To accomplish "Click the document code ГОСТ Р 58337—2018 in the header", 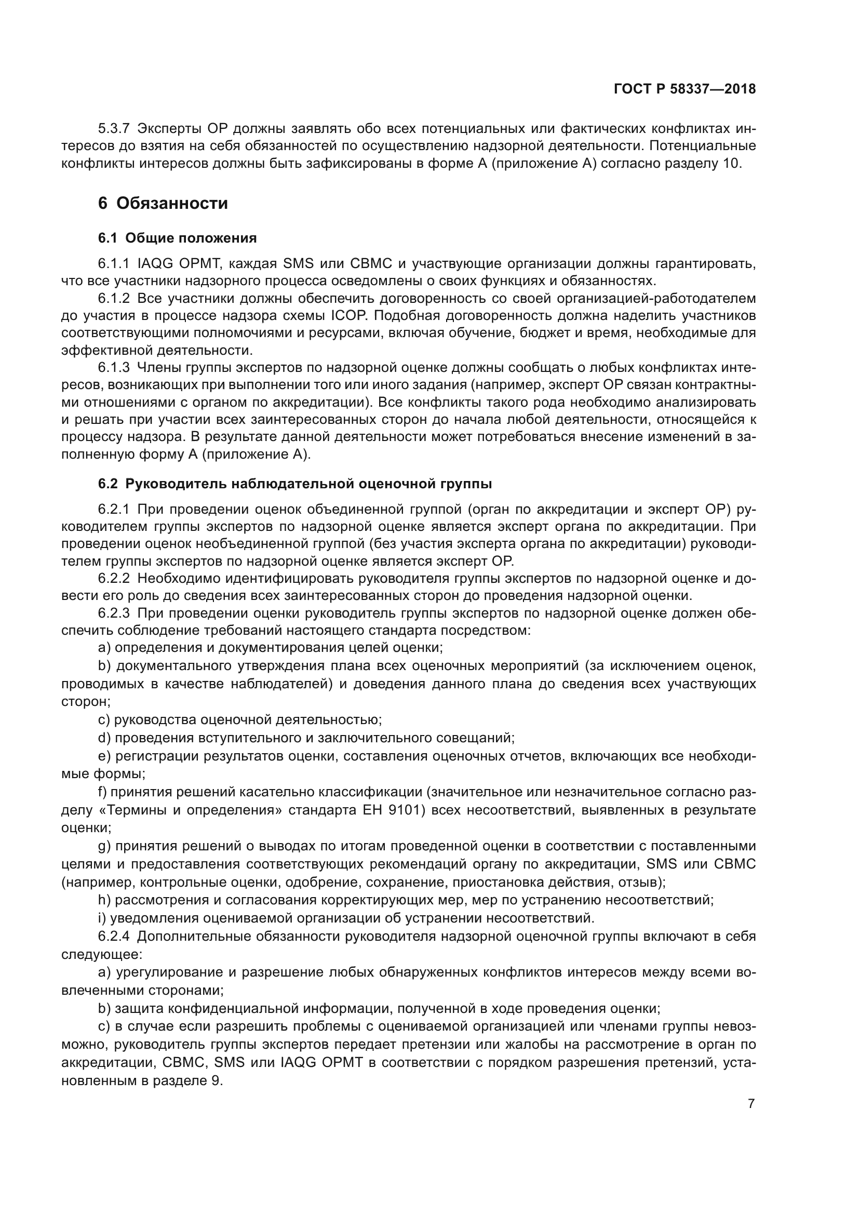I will coord(684,89).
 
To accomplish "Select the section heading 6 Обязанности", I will coord(163,203).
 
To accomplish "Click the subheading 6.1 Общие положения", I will coord(177,238).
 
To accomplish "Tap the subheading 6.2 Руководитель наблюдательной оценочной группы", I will coord(295,484).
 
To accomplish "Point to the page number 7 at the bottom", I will coord(751,1104).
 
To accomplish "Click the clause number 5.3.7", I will coord(113,129).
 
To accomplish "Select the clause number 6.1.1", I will coord(113,263).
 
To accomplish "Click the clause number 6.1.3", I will coord(113,367).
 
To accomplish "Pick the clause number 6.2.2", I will coord(113,578).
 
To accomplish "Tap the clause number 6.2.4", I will coord(113,936).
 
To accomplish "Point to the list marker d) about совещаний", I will coord(104,737).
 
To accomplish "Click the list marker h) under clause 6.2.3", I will coord(104,900).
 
